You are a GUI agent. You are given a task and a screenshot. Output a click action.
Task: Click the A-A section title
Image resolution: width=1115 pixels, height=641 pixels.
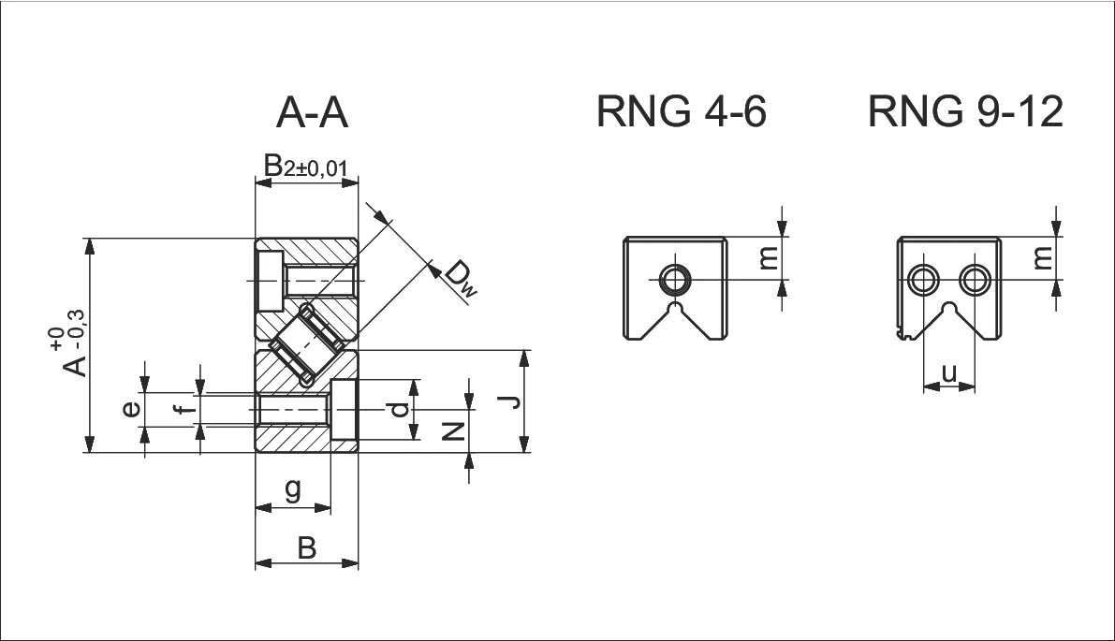[313, 113]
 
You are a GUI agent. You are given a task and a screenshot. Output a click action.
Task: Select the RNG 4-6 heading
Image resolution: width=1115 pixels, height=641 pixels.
[682, 112]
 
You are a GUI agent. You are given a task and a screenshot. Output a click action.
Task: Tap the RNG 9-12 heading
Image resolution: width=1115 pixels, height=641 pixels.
[965, 112]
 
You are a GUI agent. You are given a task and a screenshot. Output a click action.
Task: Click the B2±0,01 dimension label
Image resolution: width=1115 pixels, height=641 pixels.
[306, 167]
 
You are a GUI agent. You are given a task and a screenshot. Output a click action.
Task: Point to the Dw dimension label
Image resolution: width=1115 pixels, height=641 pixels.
[460, 278]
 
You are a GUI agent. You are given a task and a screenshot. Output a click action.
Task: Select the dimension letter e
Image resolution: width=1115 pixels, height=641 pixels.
[133, 409]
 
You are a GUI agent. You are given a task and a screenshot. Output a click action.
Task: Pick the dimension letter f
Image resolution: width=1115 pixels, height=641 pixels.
[187, 409]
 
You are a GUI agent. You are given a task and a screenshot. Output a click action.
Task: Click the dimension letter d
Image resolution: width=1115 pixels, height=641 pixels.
[399, 409]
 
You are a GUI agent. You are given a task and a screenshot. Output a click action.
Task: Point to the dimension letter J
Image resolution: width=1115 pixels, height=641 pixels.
[507, 402]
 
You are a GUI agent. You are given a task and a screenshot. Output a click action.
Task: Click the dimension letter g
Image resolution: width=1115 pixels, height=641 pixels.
[292, 490]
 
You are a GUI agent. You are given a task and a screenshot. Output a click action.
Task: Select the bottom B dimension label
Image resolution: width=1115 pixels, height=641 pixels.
[306, 547]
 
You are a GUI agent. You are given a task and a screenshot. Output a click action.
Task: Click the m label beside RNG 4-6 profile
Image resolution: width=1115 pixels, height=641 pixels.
[768, 258]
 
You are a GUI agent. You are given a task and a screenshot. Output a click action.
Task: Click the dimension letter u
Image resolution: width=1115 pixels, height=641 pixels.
[949, 372]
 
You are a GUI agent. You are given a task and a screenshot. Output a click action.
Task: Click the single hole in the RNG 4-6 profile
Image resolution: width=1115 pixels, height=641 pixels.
[673, 279]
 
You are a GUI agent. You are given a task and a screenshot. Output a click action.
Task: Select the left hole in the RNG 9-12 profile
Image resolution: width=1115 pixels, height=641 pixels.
[925, 279]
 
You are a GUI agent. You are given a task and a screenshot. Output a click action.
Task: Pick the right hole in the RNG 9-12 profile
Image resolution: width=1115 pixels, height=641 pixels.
[976, 279]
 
